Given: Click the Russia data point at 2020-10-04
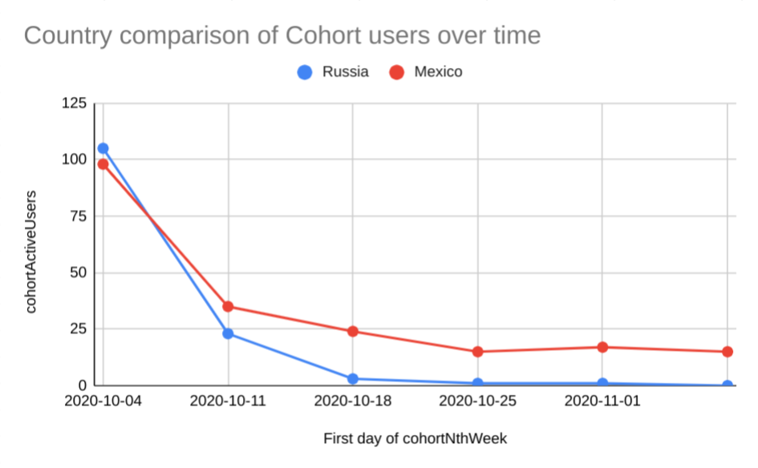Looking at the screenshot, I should click(103, 148).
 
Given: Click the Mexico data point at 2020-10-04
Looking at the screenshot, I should click(103, 164).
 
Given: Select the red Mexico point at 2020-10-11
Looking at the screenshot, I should click(228, 306).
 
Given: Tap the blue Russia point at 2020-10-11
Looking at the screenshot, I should click(228, 333).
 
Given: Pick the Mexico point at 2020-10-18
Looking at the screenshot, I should click(353, 331).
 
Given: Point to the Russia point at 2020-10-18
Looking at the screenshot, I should click(353, 378).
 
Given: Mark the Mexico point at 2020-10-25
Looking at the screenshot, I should click(478, 352).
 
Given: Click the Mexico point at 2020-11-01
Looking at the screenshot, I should click(602, 347).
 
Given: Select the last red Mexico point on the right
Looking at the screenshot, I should click(727, 352).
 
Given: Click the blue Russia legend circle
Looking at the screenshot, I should click(305, 72).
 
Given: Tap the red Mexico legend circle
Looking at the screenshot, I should click(395, 72).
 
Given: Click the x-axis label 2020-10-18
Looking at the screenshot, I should click(353, 401).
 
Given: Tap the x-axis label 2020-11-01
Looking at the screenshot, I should click(602, 401).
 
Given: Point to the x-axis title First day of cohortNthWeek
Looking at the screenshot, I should click(415, 438).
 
